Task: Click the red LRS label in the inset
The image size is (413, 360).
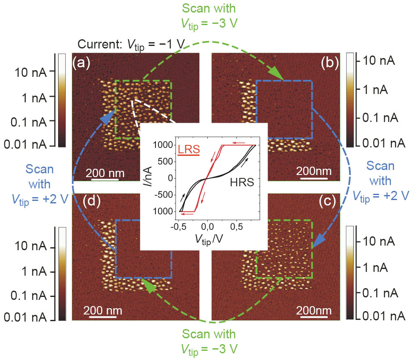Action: pos(189,149)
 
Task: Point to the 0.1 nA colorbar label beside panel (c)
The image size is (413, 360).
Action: pos(381,290)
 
